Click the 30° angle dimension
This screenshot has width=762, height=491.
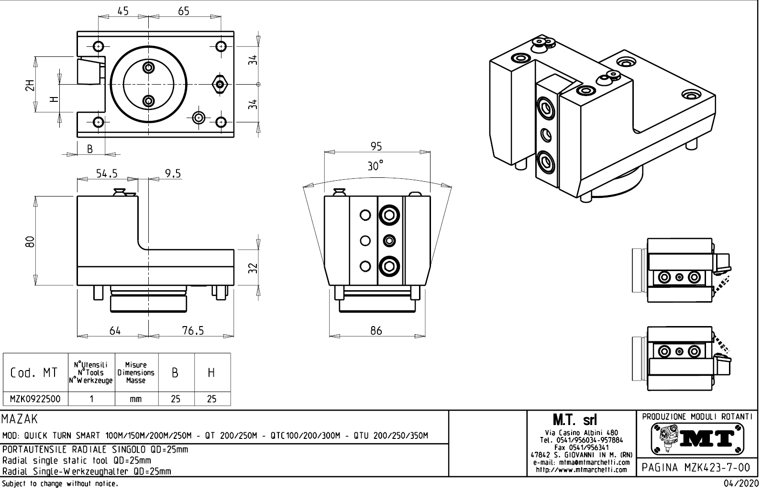coord(375,166)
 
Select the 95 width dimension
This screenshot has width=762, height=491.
coord(376,146)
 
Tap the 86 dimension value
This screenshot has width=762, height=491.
coord(376,330)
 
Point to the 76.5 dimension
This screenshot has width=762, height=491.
coord(193,330)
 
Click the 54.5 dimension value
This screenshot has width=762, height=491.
coord(107,174)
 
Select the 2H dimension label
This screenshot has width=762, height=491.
coord(30,85)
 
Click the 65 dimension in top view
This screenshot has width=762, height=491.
coord(184,11)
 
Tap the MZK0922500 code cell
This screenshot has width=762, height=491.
coord(35,399)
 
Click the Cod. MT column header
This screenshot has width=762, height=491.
coord(34,372)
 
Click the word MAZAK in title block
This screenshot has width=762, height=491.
coord(20,419)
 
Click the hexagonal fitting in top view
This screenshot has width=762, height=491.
coord(220,85)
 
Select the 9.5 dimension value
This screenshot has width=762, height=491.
coord(173,174)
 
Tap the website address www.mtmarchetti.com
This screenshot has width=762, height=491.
coord(581,470)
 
